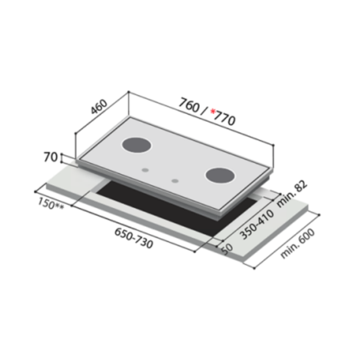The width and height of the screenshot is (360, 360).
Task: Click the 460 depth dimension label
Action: (99, 107)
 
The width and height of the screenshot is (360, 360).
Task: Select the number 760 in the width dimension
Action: (189, 106)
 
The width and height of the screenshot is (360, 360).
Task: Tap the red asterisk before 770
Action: (213, 112)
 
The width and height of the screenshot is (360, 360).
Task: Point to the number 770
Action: (224, 118)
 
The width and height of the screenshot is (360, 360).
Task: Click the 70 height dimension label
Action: (50, 157)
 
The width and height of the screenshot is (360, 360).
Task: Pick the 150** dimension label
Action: (51, 204)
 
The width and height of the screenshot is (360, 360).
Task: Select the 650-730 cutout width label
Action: (134, 238)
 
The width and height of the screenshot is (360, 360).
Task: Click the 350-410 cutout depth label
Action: (257, 225)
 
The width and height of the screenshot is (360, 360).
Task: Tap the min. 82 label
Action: (292, 194)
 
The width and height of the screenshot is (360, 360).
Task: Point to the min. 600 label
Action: (298, 244)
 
